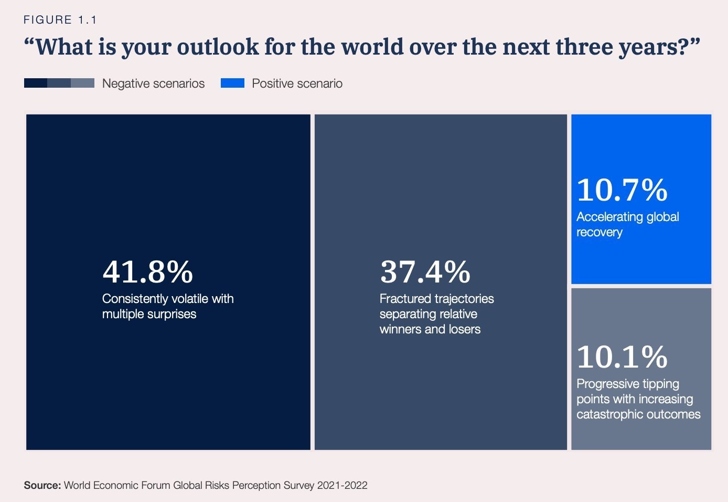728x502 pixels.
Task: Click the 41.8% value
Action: coord(147,272)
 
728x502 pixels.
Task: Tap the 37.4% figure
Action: coord(425,272)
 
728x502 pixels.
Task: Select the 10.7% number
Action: coord(622,190)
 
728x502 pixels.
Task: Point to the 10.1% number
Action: coord(622,357)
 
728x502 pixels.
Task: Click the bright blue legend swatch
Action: coord(232,83)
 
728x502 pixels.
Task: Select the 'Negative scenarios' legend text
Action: coord(153,83)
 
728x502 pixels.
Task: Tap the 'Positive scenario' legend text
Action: coord(297,83)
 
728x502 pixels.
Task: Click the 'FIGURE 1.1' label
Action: coord(60,20)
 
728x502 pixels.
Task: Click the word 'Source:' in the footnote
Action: coord(42,485)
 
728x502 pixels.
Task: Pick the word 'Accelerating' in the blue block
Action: coord(609,217)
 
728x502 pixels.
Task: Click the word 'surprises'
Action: coord(172,314)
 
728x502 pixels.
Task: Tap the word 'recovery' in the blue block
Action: coord(599,232)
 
